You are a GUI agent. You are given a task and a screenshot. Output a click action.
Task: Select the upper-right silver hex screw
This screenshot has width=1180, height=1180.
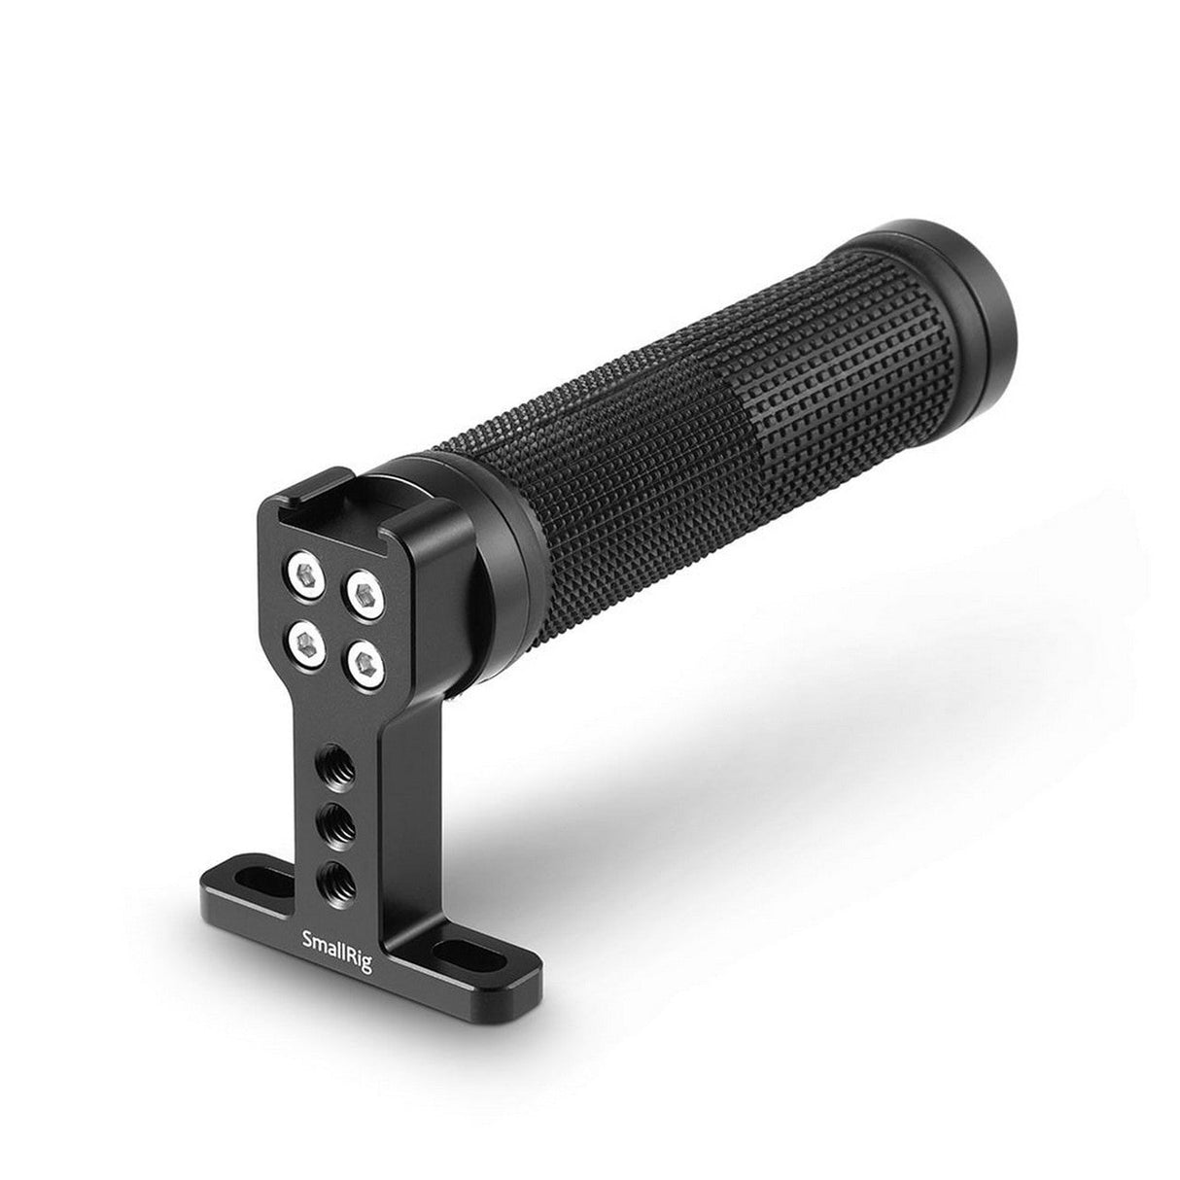[x=364, y=592]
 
